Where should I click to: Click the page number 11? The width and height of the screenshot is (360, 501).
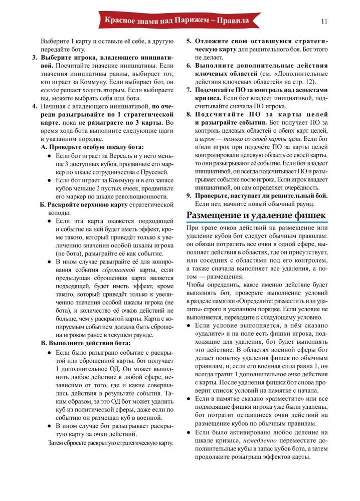[x=323, y=21]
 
